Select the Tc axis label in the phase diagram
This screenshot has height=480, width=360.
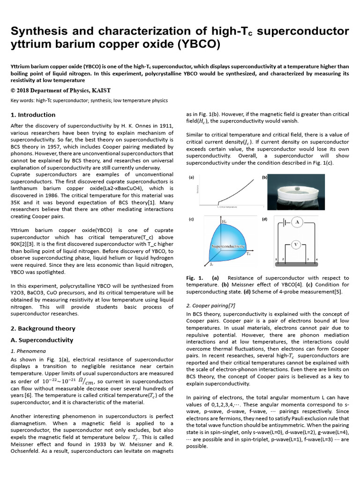click(x=248, y=254)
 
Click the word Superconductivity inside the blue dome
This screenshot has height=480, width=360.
click(x=228, y=246)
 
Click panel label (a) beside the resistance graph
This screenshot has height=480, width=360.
click(x=191, y=178)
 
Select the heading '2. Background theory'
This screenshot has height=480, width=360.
click(x=43, y=329)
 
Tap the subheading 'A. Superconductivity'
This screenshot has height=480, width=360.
click(x=42, y=340)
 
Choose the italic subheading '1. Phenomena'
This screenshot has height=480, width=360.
click(x=28, y=351)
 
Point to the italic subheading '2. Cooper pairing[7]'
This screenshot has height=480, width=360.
click(x=212, y=306)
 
